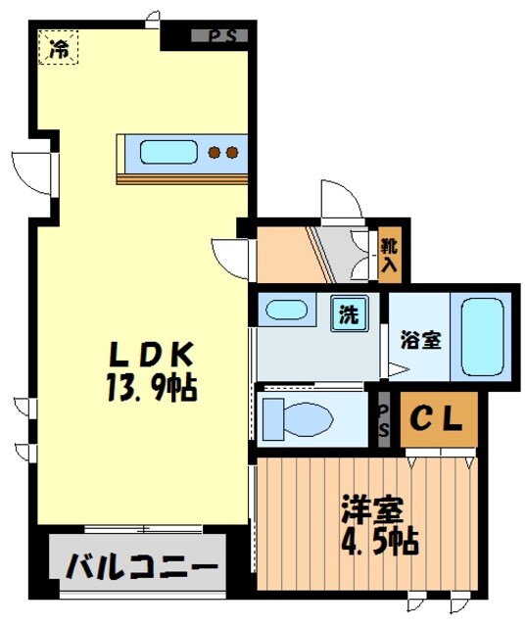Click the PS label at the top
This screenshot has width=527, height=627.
(220, 36)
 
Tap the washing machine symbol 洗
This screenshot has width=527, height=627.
(348, 315)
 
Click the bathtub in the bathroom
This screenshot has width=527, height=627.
(481, 336)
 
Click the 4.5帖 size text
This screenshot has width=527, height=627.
(379, 540)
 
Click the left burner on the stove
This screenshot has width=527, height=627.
(216, 152)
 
